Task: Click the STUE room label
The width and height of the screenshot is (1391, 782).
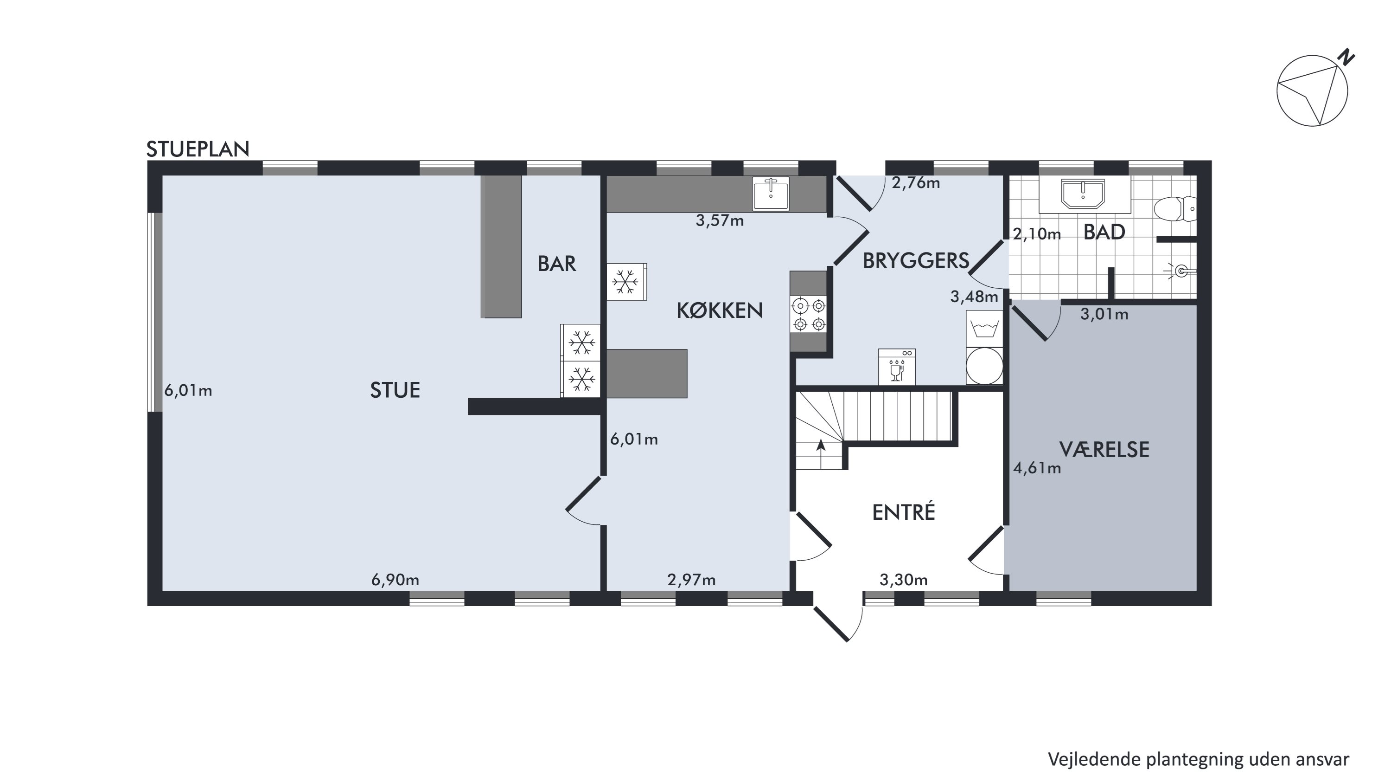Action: (x=395, y=390)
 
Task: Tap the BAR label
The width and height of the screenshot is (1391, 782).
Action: (x=557, y=264)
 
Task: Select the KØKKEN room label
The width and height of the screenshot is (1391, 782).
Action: (x=719, y=310)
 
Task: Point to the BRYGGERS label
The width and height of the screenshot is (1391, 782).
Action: (x=916, y=261)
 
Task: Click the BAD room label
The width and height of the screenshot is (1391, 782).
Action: (x=1104, y=233)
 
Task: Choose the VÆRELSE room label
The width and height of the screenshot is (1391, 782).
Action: (x=1104, y=450)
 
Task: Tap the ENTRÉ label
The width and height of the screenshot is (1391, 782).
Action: (x=903, y=512)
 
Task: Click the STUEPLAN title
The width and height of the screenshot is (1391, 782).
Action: (x=198, y=149)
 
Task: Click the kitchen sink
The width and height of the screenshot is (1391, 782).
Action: (x=771, y=193)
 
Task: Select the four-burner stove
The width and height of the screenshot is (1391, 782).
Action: (x=808, y=314)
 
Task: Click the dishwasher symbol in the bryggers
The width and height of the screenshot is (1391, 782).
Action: (x=897, y=367)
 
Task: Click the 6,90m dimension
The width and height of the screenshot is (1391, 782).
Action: (x=395, y=580)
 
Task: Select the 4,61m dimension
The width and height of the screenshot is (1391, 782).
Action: (x=1037, y=468)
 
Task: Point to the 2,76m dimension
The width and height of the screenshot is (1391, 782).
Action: (x=916, y=183)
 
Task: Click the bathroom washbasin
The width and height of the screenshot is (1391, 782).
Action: (x=1083, y=194)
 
